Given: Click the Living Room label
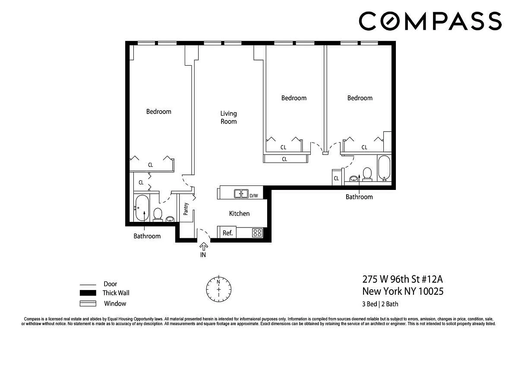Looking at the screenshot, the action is coord(228,117).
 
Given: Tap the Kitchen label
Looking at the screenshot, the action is coord(239,213).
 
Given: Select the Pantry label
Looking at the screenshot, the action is coord(186,209).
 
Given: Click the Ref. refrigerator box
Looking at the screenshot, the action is coord(227,232).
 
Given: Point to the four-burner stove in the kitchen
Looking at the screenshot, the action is coord(257,233).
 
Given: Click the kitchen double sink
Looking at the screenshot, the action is coord(241,193).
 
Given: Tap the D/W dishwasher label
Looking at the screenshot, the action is coord(254,196).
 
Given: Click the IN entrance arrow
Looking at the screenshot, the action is coord(203,246).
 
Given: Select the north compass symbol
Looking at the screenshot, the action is coord(218,289).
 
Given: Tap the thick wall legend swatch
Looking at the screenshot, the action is coord(88,293).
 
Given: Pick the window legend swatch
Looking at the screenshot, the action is coord(88,303).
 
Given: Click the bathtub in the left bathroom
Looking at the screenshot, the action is coord(142,208).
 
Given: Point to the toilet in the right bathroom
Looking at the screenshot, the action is coord(367,174).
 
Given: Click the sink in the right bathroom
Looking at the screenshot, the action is coord(354,179).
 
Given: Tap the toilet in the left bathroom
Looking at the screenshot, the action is coord(158,215).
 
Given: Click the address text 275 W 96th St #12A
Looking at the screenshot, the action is coord(402,279).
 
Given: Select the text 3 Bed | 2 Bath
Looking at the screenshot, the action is coord(380,304).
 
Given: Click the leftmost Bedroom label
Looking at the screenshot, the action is coord(159,111).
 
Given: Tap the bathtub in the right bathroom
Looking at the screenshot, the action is coord(384,168).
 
